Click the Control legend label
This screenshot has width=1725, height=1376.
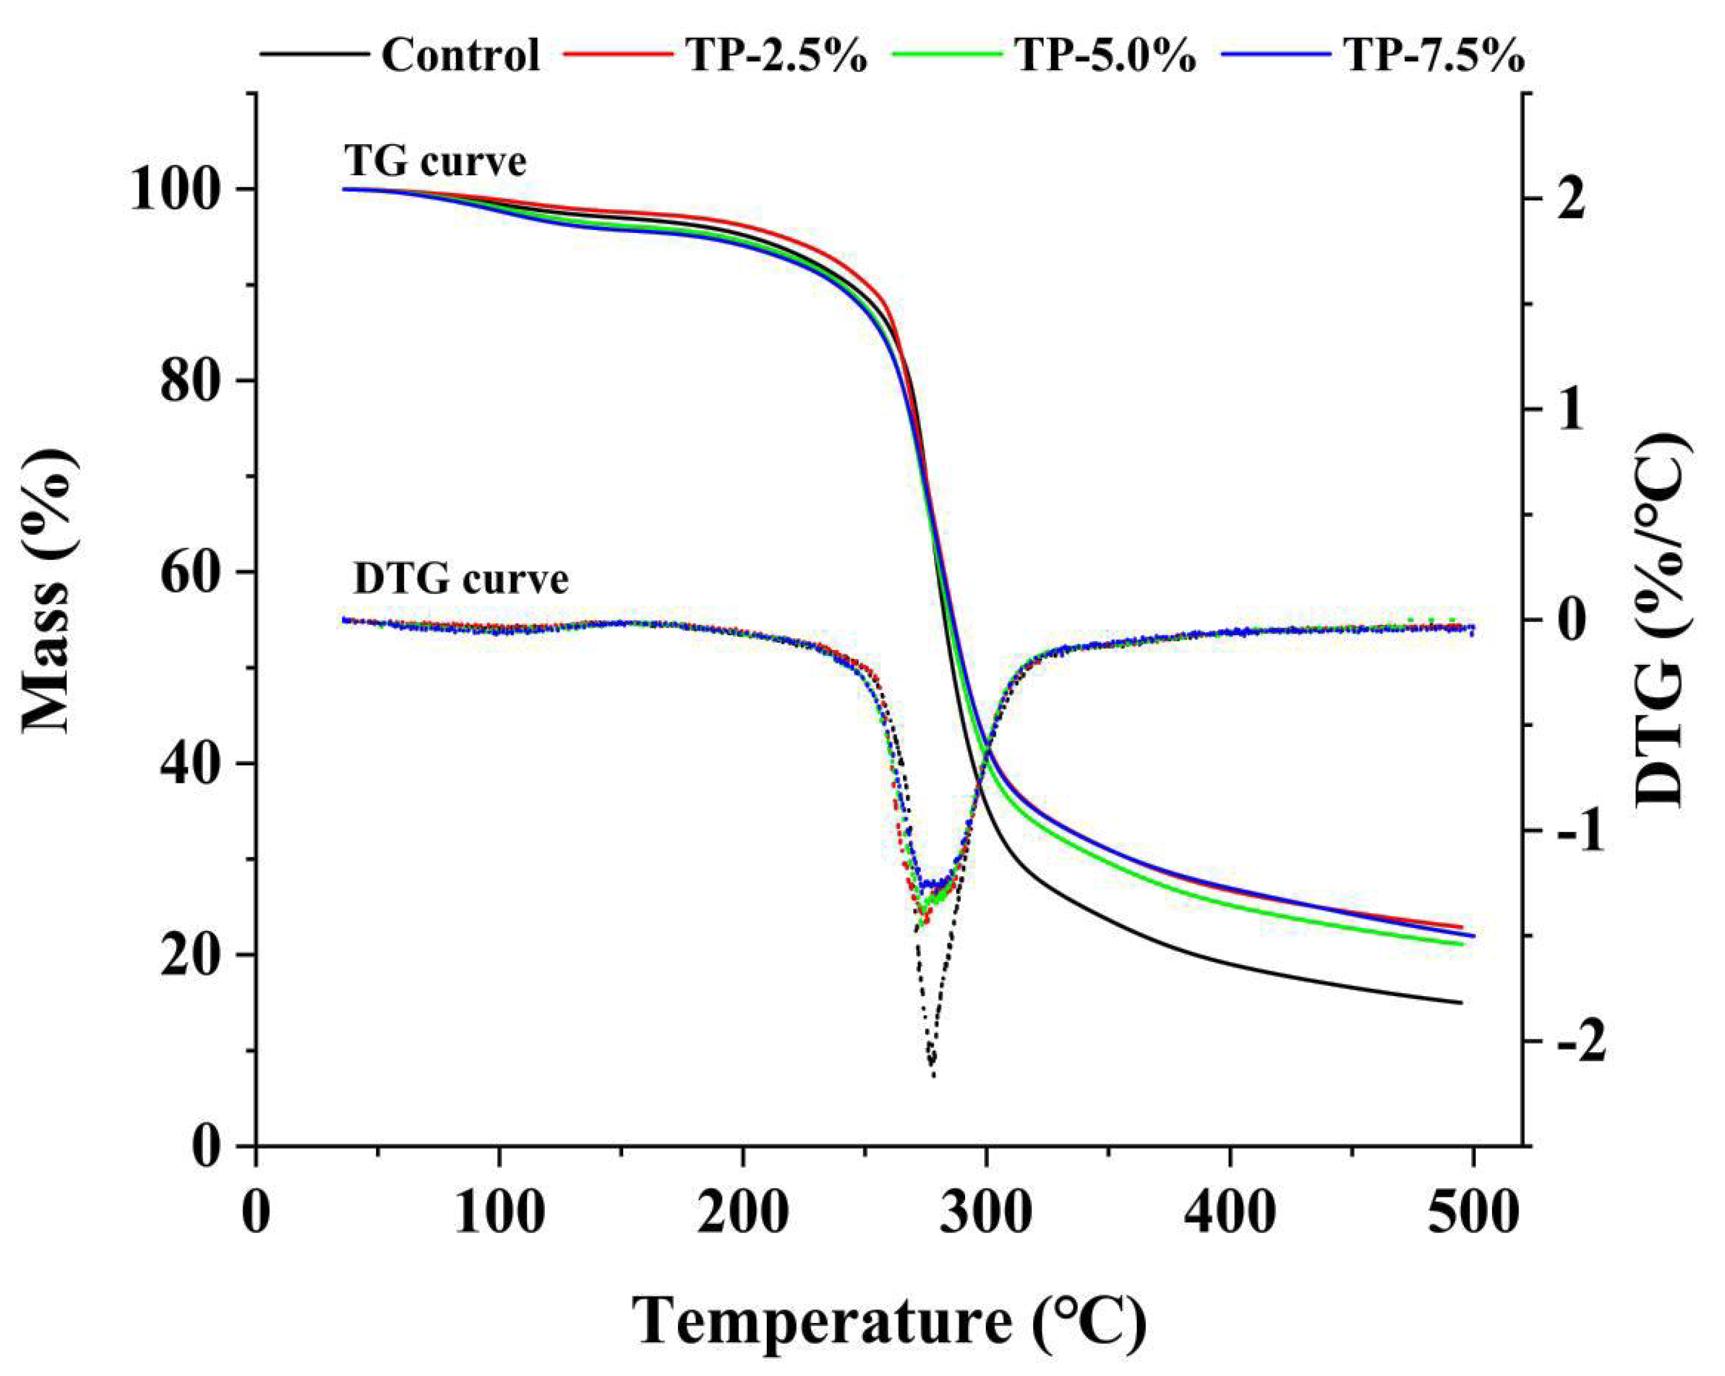point(460,56)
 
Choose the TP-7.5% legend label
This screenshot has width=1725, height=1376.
point(1434,56)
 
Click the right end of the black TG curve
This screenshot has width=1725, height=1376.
point(1461,1003)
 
